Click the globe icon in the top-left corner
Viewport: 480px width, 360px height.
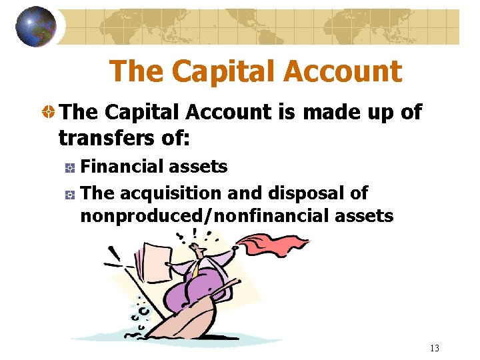[35, 27]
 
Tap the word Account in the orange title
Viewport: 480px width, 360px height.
[346, 71]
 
